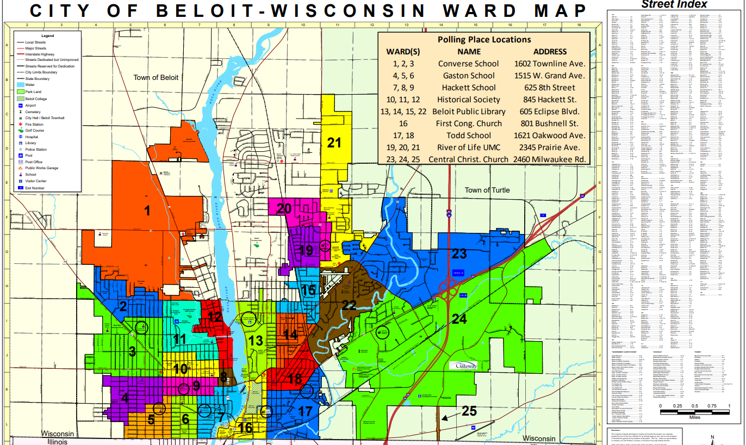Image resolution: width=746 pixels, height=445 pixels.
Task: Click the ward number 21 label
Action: [334, 143]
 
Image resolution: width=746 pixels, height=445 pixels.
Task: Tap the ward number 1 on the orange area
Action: [147, 211]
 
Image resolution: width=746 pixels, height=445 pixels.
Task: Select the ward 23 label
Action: [459, 254]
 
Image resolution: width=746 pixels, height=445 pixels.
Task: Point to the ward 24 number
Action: [459, 319]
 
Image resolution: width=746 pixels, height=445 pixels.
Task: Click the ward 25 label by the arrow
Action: [469, 411]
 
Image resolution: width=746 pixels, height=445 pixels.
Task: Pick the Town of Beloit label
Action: [156, 78]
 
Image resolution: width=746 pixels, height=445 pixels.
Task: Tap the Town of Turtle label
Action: [487, 190]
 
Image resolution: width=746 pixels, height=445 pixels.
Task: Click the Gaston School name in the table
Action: [469, 76]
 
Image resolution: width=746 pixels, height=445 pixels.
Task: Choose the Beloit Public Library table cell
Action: [469, 112]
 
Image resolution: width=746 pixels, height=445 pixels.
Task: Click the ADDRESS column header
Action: [550, 52]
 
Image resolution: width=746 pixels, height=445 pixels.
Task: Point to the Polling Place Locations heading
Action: [484, 39]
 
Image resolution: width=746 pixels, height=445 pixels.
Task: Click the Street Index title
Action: [674, 4]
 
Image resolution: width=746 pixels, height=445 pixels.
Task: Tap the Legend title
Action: [48, 36]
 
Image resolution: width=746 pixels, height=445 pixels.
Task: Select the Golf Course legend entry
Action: [35, 131]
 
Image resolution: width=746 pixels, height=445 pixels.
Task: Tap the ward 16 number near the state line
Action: [245, 428]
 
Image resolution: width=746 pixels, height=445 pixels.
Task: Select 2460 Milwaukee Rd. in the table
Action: [550, 159]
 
